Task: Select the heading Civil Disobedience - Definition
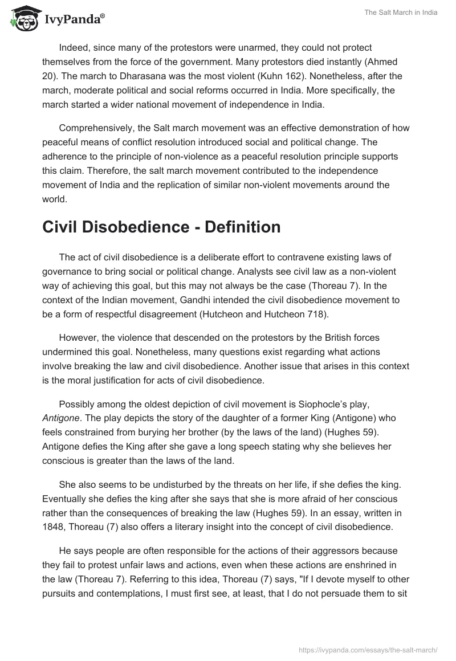coord(161,227)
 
